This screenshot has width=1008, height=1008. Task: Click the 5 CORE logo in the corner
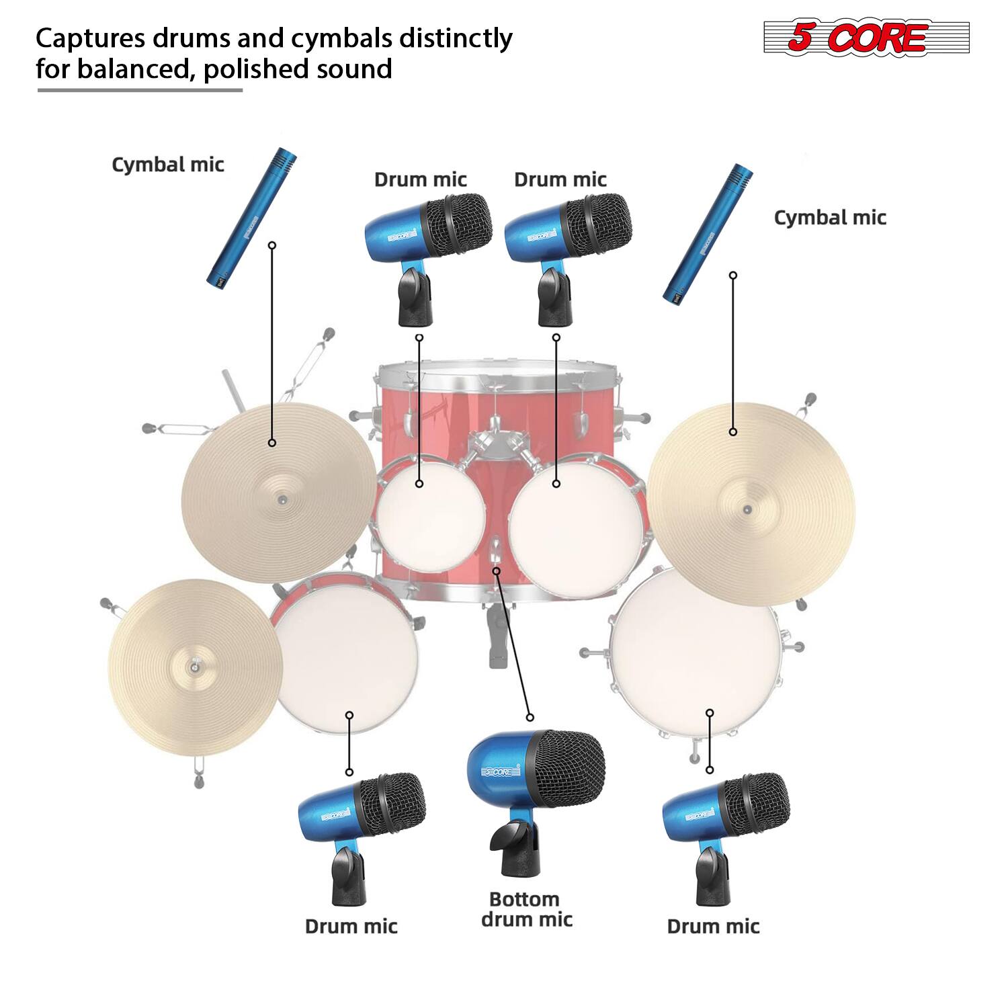pos(866,38)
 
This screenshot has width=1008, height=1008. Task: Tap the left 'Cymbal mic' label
pos(167,165)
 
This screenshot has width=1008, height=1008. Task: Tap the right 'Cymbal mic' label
pos(830,218)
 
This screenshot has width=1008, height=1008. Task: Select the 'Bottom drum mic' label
pos(526,909)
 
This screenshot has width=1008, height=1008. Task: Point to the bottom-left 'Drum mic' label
pos(351,926)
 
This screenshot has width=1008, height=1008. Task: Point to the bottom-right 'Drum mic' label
pos(713,926)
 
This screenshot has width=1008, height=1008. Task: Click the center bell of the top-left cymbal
pos(280,499)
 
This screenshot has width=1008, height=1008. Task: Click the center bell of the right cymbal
pos(747,509)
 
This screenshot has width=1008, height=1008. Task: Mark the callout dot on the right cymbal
pos(733,431)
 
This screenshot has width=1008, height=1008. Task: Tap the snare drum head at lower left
pos(346,659)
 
